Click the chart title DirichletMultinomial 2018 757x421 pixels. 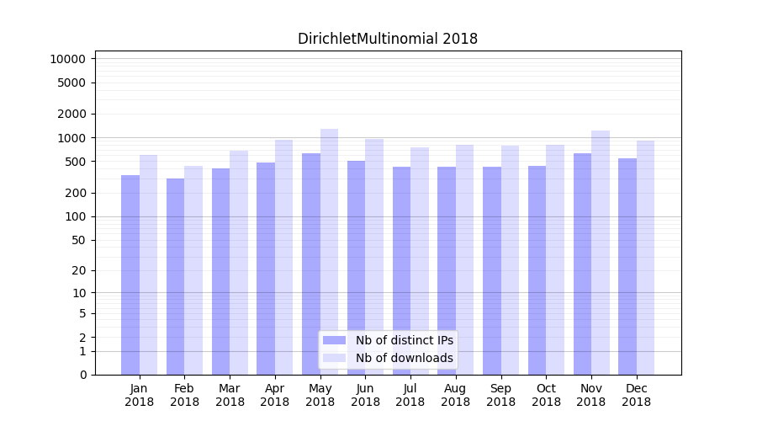pyautogui.click(x=388, y=39)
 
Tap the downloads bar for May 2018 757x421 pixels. pyautogui.click(x=329, y=252)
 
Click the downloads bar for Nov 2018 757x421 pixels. pyautogui.click(x=600, y=253)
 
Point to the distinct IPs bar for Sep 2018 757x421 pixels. pyautogui.click(x=492, y=270)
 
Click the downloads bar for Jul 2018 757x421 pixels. pyautogui.click(x=419, y=261)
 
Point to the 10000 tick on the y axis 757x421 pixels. pyautogui.click(x=68, y=59)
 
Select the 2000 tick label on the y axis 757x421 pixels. pyautogui.click(x=71, y=114)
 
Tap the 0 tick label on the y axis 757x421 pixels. pyautogui.click(x=82, y=375)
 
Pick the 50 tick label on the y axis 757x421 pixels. pyautogui.click(x=78, y=240)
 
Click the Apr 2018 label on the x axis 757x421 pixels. pyautogui.click(x=275, y=395)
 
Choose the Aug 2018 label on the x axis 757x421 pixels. pyautogui.click(x=456, y=395)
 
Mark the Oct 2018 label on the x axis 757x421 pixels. pyautogui.click(x=546, y=395)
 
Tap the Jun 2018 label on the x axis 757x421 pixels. pyautogui.click(x=365, y=395)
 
